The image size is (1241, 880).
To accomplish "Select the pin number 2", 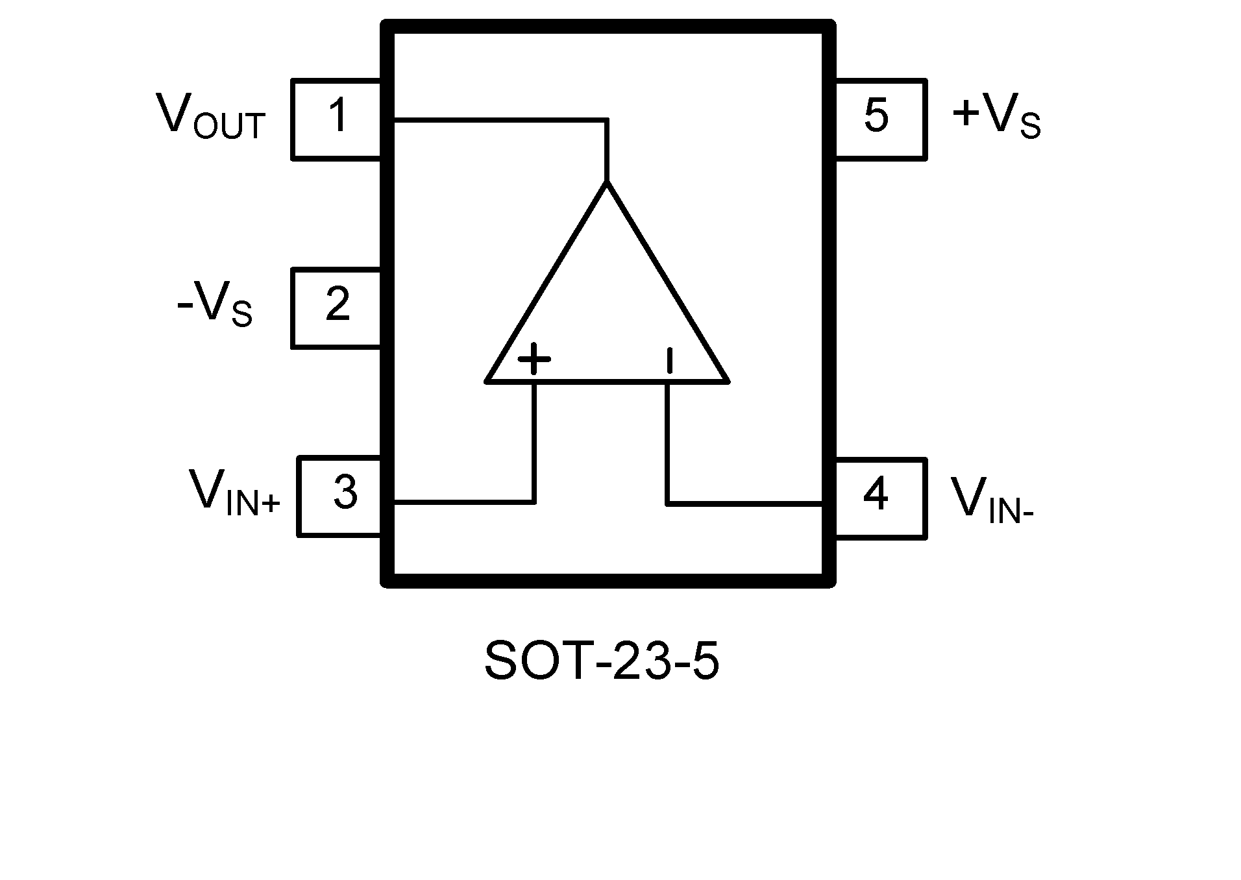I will point(338,304).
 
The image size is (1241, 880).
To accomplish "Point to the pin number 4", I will point(876,495).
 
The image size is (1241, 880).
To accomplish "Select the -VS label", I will point(214,305).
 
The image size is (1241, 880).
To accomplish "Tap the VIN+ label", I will point(234,493).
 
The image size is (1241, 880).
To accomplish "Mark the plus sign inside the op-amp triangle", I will point(534,359).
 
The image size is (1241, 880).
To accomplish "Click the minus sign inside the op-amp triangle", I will point(669,361).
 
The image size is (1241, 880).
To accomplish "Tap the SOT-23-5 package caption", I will point(602,661).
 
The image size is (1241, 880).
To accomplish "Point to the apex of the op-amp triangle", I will point(607,183).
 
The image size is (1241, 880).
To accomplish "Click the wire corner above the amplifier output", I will point(607,120).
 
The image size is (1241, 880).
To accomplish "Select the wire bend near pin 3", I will point(534,502).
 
